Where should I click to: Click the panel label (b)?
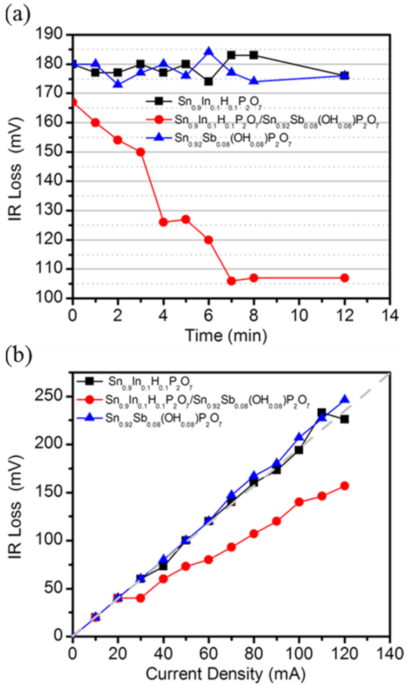click(x=16, y=351)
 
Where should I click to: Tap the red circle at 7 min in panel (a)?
click(x=232, y=281)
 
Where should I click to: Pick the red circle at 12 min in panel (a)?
click(x=345, y=278)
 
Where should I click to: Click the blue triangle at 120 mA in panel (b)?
click(x=345, y=400)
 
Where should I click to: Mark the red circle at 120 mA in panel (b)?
click(x=345, y=486)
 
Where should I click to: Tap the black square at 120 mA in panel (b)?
click(x=345, y=419)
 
